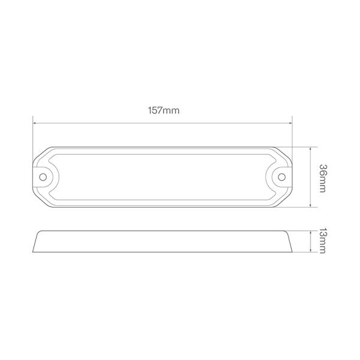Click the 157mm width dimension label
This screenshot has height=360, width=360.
coord(163,110)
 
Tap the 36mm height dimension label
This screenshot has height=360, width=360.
coord(323,178)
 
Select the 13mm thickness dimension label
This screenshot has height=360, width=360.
coord(323,241)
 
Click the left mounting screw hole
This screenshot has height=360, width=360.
coord(43,177)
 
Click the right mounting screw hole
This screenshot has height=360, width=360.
coord(282,177)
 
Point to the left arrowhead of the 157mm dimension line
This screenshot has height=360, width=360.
coord(34,123)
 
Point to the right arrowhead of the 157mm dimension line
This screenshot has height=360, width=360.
coord(290,123)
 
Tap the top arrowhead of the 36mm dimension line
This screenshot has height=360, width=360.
coord(310,149)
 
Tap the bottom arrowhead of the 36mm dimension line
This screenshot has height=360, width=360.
coord(310,205)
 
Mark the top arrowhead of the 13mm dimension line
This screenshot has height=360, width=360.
coord(310,233)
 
